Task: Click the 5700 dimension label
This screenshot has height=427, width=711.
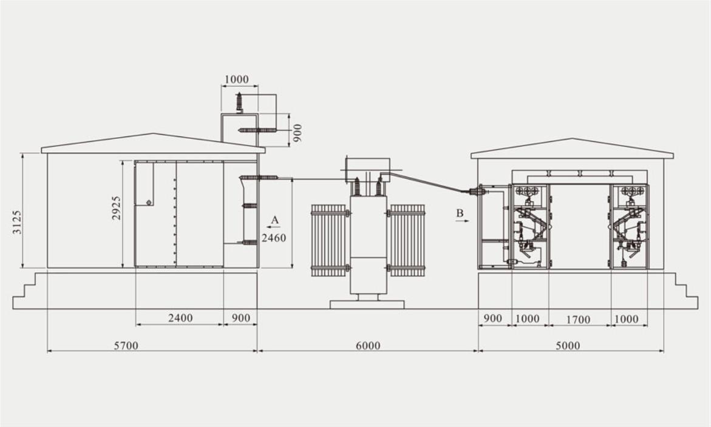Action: pos(126,346)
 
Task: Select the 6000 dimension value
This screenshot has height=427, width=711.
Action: pos(368,346)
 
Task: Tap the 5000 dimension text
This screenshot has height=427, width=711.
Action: pos(568,346)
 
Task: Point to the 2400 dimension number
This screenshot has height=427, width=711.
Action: pos(180,318)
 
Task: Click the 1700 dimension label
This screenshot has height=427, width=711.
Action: pos(578,320)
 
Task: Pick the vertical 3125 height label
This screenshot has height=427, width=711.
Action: pos(17,221)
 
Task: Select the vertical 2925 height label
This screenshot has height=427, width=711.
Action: pos(117,208)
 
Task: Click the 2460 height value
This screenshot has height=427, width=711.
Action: pos(274,238)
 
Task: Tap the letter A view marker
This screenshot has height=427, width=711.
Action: pos(275,220)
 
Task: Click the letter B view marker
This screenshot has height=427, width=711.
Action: pos(460,213)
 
